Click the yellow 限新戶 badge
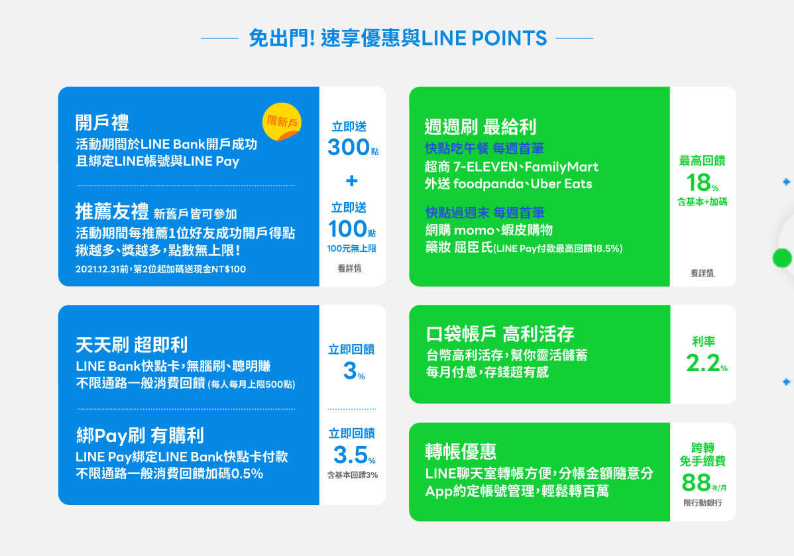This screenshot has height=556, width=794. point(282,121)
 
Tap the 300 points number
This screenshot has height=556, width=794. point(349,147)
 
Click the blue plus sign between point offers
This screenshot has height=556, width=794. point(351,180)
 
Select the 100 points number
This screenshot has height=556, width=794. point(347,229)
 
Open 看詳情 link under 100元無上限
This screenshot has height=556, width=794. point(350,268)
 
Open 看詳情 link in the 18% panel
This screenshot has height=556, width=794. point(703,273)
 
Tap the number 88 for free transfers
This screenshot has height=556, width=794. point(697,482)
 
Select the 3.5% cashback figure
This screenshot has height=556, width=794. point(354,455)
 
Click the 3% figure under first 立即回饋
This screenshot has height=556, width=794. point(353,370)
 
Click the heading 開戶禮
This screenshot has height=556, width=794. point(102,123)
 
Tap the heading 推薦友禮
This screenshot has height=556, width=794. point(112,211)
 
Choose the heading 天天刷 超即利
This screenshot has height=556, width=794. point(132,345)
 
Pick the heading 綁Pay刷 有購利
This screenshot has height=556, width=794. point(141,435)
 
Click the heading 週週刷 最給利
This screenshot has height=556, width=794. point(480,127)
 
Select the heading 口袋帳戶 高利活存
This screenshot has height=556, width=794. point(500,334)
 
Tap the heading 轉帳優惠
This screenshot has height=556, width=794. point(461,452)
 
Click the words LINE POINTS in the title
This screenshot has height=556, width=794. point(484,38)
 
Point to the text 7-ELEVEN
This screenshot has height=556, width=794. point(486,166)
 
